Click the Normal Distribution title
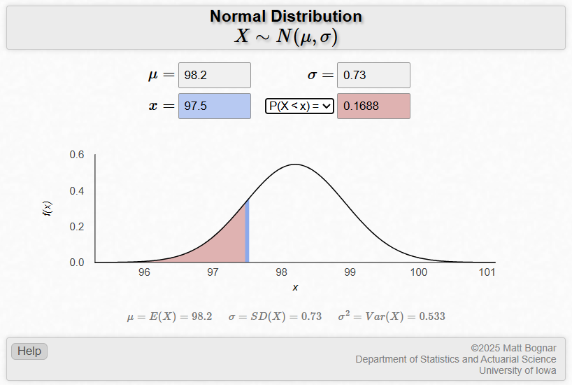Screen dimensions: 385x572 (286, 16)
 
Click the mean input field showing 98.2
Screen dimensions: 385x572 (214, 76)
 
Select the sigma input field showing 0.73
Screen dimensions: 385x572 (373, 76)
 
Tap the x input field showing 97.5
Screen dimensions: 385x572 (214, 106)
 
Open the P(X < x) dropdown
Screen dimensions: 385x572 (299, 106)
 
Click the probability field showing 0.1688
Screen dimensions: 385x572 (373, 106)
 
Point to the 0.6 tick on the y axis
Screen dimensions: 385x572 (77, 155)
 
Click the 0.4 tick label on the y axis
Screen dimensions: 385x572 (77, 191)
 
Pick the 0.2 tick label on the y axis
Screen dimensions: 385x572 (77, 227)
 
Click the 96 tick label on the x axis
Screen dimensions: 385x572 (145, 272)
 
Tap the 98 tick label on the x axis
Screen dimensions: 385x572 (282, 272)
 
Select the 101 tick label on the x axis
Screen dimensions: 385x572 (487, 272)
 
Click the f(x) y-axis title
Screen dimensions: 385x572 (48, 208)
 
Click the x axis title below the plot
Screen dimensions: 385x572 (295, 288)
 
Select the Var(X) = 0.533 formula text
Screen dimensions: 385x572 (392, 316)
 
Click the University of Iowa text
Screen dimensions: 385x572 (517, 371)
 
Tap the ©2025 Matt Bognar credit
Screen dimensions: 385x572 (513, 348)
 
